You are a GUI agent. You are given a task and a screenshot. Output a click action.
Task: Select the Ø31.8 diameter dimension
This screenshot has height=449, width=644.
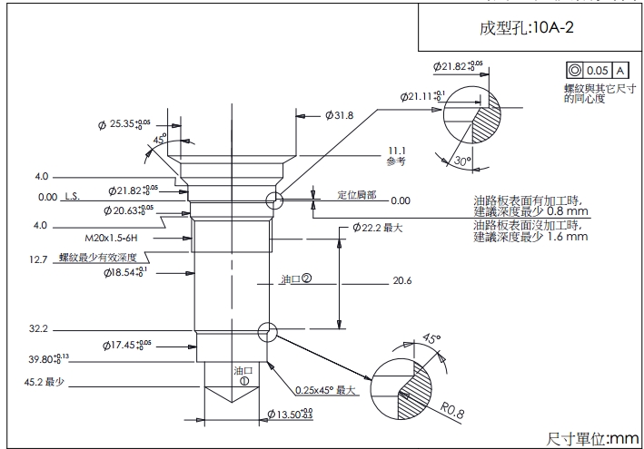pos(338,115)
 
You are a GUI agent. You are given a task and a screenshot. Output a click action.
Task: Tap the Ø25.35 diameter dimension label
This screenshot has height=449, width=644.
pos(124,123)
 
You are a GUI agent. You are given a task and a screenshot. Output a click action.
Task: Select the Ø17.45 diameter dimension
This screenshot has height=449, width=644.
pos(125,346)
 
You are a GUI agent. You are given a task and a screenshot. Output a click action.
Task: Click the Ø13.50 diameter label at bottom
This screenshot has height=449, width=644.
pos(288,415)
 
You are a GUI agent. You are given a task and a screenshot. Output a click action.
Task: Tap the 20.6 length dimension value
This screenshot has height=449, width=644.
pos(402,281)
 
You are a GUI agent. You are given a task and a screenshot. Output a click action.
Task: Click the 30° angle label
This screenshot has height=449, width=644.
pos(461,161)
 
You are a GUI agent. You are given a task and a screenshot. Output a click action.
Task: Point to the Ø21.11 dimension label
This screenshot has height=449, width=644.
pos(423,96)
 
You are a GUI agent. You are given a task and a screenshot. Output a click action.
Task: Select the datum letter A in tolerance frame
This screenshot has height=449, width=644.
pos(619,70)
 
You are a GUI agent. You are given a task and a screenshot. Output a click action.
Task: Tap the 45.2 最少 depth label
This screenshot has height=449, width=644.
pos(45,383)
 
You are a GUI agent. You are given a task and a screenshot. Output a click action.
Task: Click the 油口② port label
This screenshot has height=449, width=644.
pos(296,279)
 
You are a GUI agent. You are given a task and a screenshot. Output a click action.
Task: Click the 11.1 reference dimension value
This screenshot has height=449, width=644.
pos(395,151)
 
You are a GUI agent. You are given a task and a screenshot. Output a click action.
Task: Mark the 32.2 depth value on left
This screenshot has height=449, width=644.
pos(38,328)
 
